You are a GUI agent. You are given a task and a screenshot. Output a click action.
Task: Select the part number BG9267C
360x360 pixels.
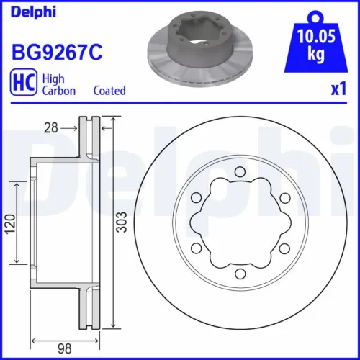pos(54,52)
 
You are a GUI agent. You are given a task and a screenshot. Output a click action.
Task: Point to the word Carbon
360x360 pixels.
pos(59,91)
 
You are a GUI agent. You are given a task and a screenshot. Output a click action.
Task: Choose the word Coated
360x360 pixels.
pos(109,91)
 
